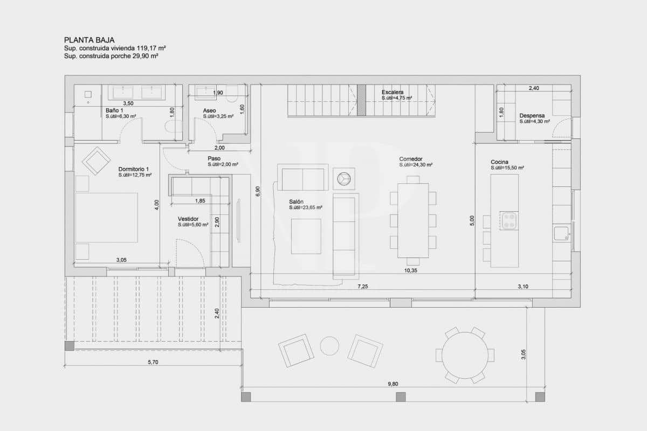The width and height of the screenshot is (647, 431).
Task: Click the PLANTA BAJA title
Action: point(89,39)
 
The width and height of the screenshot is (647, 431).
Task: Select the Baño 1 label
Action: point(114,110)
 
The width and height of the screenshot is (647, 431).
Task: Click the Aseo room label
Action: point(209,110)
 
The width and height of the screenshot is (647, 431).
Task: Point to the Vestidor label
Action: point(189,219)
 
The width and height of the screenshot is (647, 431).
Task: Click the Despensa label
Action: point(532,115)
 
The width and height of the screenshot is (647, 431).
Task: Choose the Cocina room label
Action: point(499,162)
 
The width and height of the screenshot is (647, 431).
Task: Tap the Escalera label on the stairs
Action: point(392,92)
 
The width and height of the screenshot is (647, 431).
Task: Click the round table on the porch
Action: point(465,355)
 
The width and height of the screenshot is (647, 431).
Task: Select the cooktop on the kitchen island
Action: point(509,220)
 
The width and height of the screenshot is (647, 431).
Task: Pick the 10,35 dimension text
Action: point(410,270)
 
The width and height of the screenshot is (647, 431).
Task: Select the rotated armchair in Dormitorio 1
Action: point(96,161)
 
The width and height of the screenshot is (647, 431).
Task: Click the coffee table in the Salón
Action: point(306,236)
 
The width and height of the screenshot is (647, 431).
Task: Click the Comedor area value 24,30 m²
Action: point(416,165)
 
